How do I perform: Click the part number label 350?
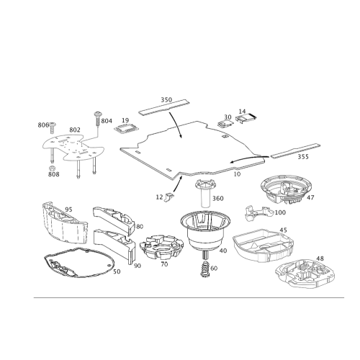click(x=166, y=99)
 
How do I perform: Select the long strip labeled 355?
click(x=295, y=150)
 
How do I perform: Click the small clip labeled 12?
click(x=169, y=197)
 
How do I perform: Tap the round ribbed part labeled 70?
click(x=161, y=247)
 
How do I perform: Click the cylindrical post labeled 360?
click(x=205, y=193)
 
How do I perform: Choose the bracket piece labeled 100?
click(x=258, y=212)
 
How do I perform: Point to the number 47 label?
click(x=310, y=197)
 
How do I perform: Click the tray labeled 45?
click(x=263, y=246)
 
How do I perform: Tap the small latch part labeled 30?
click(x=225, y=125)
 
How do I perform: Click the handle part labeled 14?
click(x=246, y=118)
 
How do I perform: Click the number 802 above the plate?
click(x=75, y=130)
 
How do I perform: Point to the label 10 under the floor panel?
click(x=237, y=174)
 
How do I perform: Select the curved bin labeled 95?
click(x=65, y=222)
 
